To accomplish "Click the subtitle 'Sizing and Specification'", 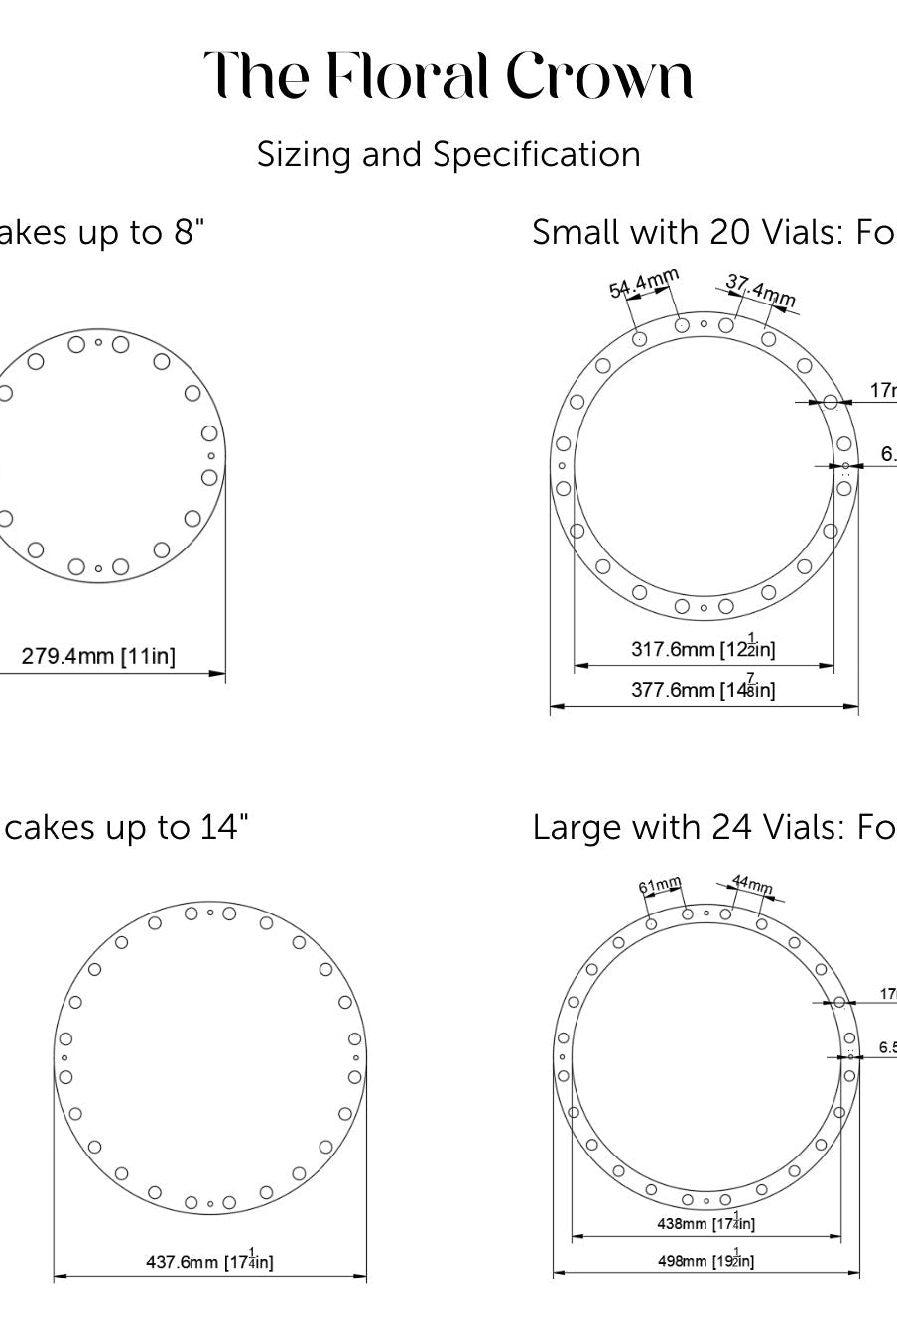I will pos(448,154).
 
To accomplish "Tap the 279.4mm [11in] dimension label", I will pos(98,656).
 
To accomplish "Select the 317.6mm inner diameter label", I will pos(704,649).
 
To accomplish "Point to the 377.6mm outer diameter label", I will pos(704,689).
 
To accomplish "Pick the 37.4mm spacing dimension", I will pos(760,291).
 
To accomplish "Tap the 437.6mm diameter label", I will pos(209,1261).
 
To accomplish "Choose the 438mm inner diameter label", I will pos(705,1223).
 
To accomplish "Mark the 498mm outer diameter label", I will pos(705,1260).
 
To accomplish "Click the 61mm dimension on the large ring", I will pos(660,884).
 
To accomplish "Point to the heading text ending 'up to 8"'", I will pos(99,232).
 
